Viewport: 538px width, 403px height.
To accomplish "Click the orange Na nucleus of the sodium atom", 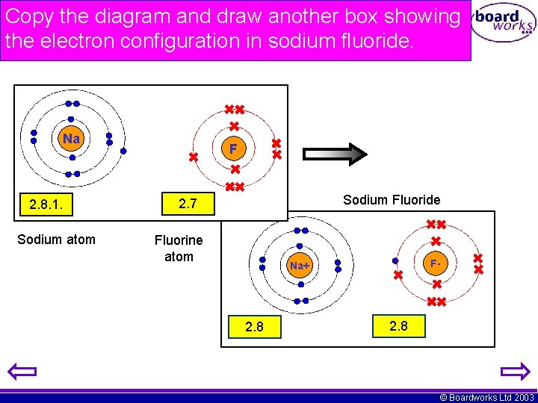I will pyautogui.click(x=71, y=140).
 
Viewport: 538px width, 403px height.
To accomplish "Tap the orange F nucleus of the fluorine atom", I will pyautogui.click(x=233, y=149).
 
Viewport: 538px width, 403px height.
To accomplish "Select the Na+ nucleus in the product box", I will pyautogui.click(x=300, y=266).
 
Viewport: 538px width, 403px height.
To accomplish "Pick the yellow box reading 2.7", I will pyautogui.click(x=188, y=203).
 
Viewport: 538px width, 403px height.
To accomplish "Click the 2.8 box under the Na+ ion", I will pyautogui.click(x=254, y=327).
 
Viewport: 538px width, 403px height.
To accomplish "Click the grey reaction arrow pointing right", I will pyautogui.click(x=335, y=153).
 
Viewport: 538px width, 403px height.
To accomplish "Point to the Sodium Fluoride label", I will pyautogui.click(x=392, y=200).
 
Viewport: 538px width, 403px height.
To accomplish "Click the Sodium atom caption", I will pyautogui.click(x=56, y=240).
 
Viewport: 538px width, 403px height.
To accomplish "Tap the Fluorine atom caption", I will pyautogui.click(x=179, y=249).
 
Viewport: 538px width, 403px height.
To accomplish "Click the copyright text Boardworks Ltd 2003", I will pyautogui.click(x=487, y=398).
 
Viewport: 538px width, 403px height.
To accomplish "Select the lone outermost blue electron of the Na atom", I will pyautogui.click(x=123, y=150).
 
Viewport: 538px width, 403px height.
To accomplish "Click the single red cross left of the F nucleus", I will pyautogui.click(x=193, y=157).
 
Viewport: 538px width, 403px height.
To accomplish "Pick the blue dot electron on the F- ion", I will pyautogui.click(x=395, y=261).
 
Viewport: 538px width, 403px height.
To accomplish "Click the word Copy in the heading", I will pyautogui.click(x=28, y=16).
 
